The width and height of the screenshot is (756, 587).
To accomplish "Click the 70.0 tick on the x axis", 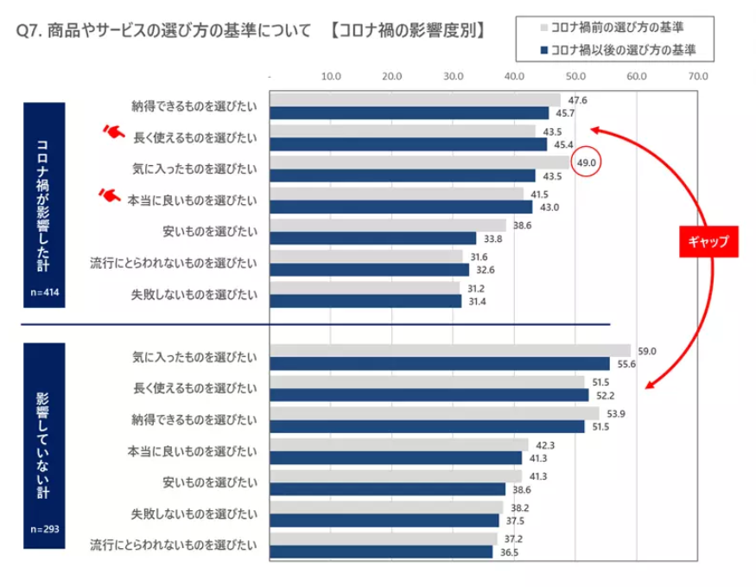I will click(698, 77).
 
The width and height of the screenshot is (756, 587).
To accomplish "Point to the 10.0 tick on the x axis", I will click(331, 77).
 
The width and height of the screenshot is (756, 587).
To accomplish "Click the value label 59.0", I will click(647, 351).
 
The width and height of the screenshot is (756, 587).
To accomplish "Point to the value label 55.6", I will click(626, 364).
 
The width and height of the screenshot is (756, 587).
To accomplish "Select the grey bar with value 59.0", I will click(450, 350).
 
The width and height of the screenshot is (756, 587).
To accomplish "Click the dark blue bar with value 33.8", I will click(373, 238).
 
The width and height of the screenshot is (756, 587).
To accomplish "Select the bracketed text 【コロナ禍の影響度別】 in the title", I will click(406, 31).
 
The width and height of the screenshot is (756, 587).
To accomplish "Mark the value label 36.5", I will click(509, 552).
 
